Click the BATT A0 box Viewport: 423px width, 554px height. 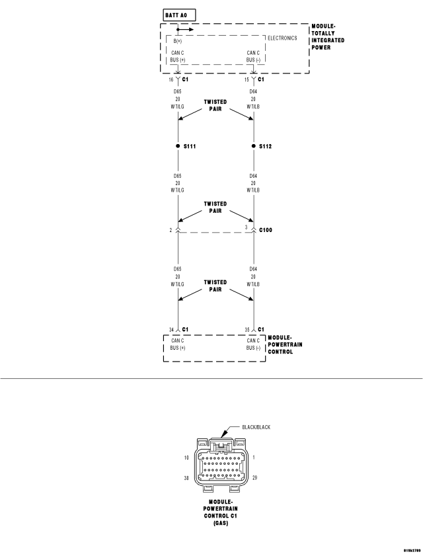click(x=179, y=15)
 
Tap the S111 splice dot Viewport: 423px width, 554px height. click(x=178, y=146)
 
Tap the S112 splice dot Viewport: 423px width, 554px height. click(x=254, y=146)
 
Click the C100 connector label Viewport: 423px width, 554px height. click(x=266, y=230)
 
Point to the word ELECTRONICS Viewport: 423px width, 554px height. click(x=282, y=38)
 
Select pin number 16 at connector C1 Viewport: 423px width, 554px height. click(x=171, y=80)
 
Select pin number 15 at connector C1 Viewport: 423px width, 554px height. click(x=247, y=80)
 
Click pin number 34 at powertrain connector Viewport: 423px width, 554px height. click(x=171, y=330)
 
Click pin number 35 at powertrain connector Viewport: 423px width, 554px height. click(x=247, y=330)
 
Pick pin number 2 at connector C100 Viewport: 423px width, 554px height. click(x=171, y=230)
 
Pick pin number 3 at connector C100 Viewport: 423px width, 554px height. click(x=247, y=227)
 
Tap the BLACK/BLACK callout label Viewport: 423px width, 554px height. click(x=256, y=427)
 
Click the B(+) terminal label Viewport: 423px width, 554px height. click(x=178, y=41)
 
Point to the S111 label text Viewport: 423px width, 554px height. click(x=190, y=146)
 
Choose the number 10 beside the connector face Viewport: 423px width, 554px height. click(x=186, y=458)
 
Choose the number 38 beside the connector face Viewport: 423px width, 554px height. click(x=186, y=478)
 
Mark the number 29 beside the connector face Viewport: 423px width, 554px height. click(x=255, y=478)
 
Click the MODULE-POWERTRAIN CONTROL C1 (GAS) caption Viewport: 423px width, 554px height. click(x=221, y=512)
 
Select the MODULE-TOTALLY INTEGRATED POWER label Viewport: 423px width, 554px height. click(x=328, y=37)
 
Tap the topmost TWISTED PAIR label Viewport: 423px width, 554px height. click(x=215, y=105)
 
